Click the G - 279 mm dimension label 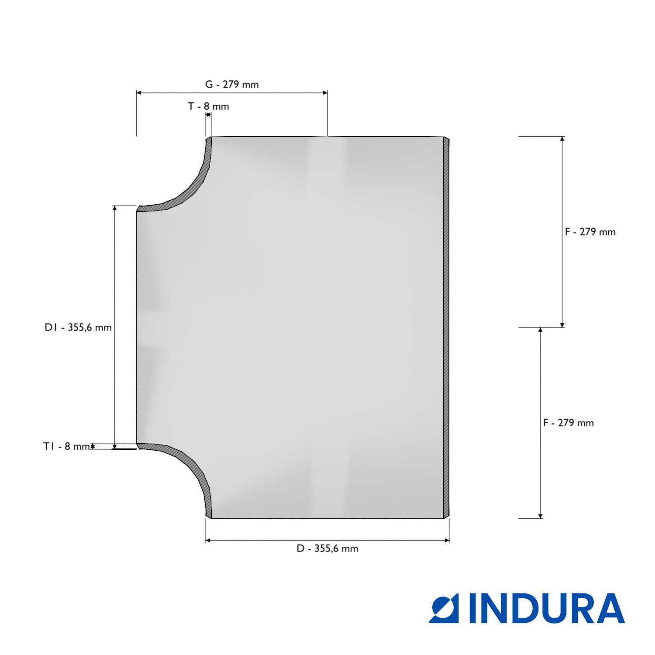(232, 84)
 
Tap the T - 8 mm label (208, 106)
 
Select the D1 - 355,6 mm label (78, 327)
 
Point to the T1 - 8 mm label (66, 446)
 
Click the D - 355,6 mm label (327, 548)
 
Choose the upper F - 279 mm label (590, 232)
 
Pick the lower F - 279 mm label (569, 423)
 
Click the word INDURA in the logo (547, 608)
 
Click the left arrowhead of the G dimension (139, 93)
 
